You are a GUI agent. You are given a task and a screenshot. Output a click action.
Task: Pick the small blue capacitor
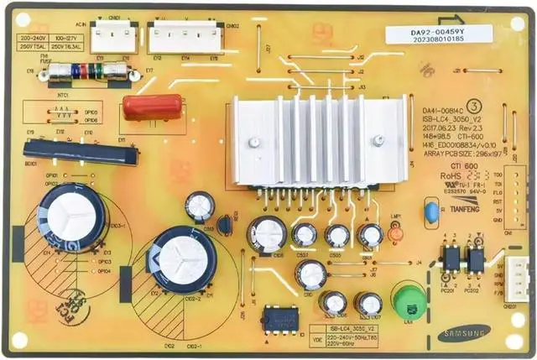(x=431, y=214)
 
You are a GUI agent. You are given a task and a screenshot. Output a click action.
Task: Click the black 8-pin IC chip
(x=276, y=318)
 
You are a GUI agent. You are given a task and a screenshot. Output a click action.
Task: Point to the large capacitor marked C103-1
(x=70, y=215)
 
